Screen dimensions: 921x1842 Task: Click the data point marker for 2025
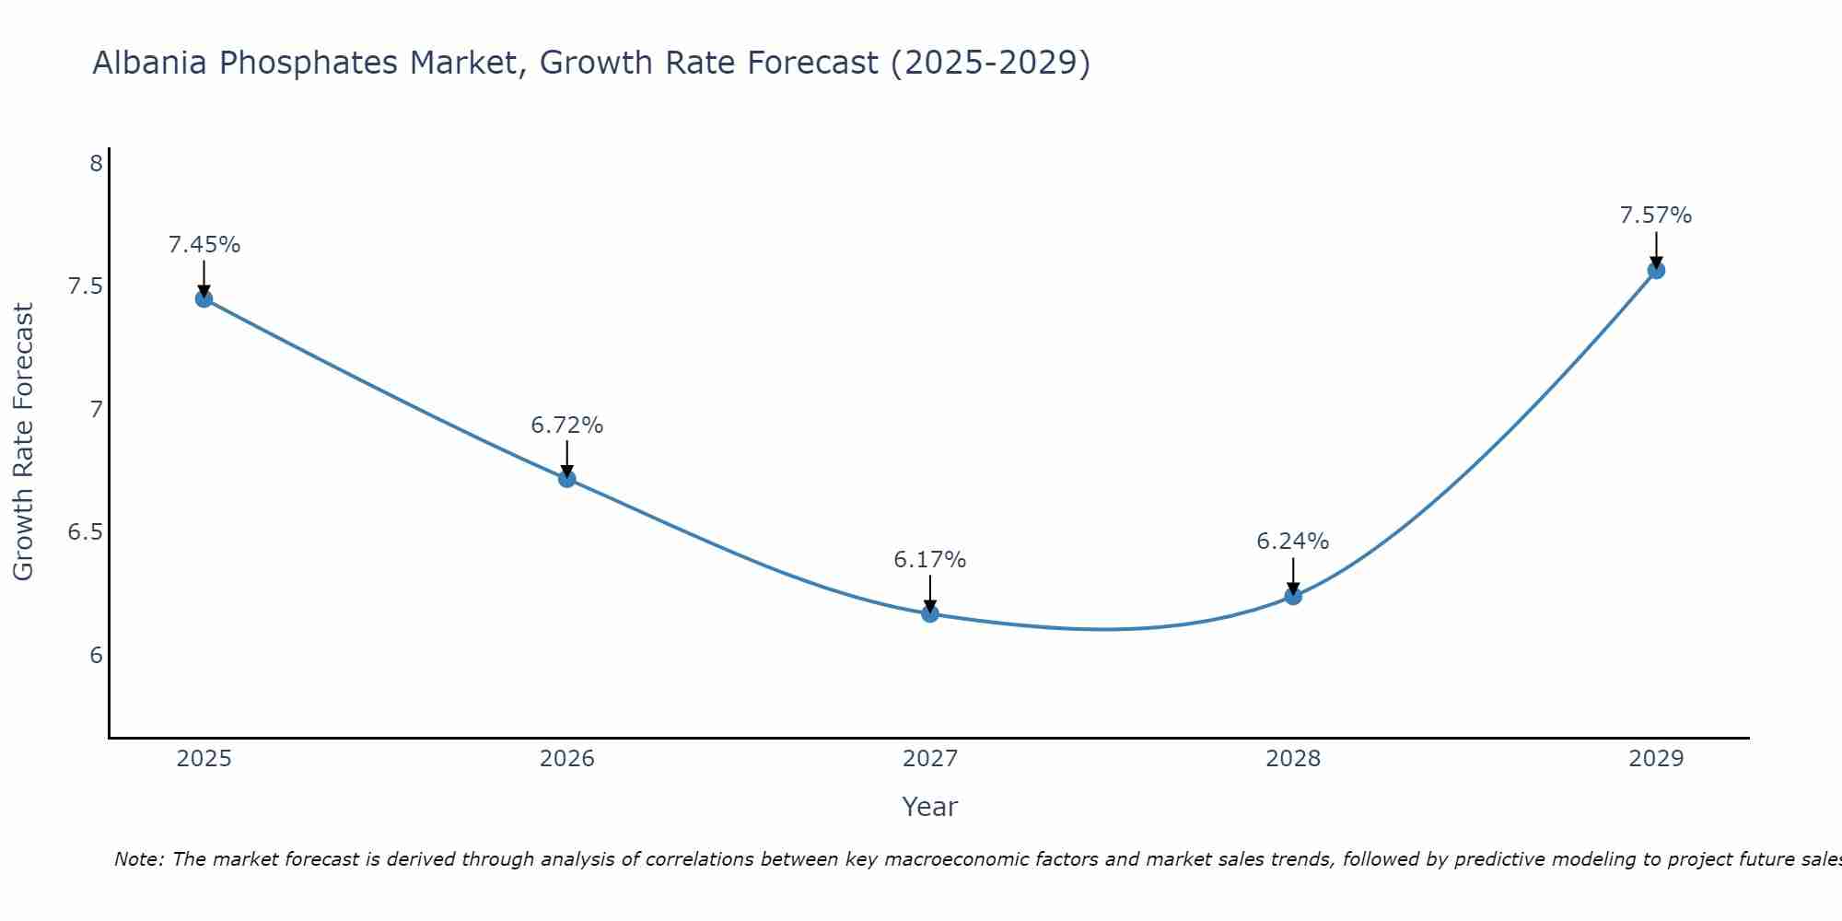(x=204, y=298)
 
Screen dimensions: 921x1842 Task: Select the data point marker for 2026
(x=567, y=478)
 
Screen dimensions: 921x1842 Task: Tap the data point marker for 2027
(x=930, y=613)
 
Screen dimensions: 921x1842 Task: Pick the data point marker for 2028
(x=1293, y=596)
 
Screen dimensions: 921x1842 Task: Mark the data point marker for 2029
(x=1656, y=270)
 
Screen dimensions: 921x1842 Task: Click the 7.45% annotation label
(x=204, y=245)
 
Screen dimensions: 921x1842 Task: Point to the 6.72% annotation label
(x=567, y=426)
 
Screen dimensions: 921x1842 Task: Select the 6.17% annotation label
(x=930, y=560)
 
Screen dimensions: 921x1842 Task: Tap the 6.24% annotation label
(x=1293, y=542)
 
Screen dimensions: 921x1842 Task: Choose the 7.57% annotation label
(x=1656, y=216)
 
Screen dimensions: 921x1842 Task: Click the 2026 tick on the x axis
(x=567, y=759)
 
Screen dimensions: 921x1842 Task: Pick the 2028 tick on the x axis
(x=1293, y=759)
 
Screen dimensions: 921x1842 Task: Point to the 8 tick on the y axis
(x=96, y=164)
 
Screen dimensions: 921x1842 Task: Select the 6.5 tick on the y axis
(x=85, y=532)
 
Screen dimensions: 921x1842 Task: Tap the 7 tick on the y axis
(x=96, y=410)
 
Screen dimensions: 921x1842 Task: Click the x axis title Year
(x=930, y=807)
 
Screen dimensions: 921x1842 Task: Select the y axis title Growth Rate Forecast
(x=24, y=441)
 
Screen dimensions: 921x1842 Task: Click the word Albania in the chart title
(x=150, y=64)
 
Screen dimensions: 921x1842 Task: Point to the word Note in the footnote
(x=138, y=859)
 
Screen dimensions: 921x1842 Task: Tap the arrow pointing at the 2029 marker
(x=1656, y=249)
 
